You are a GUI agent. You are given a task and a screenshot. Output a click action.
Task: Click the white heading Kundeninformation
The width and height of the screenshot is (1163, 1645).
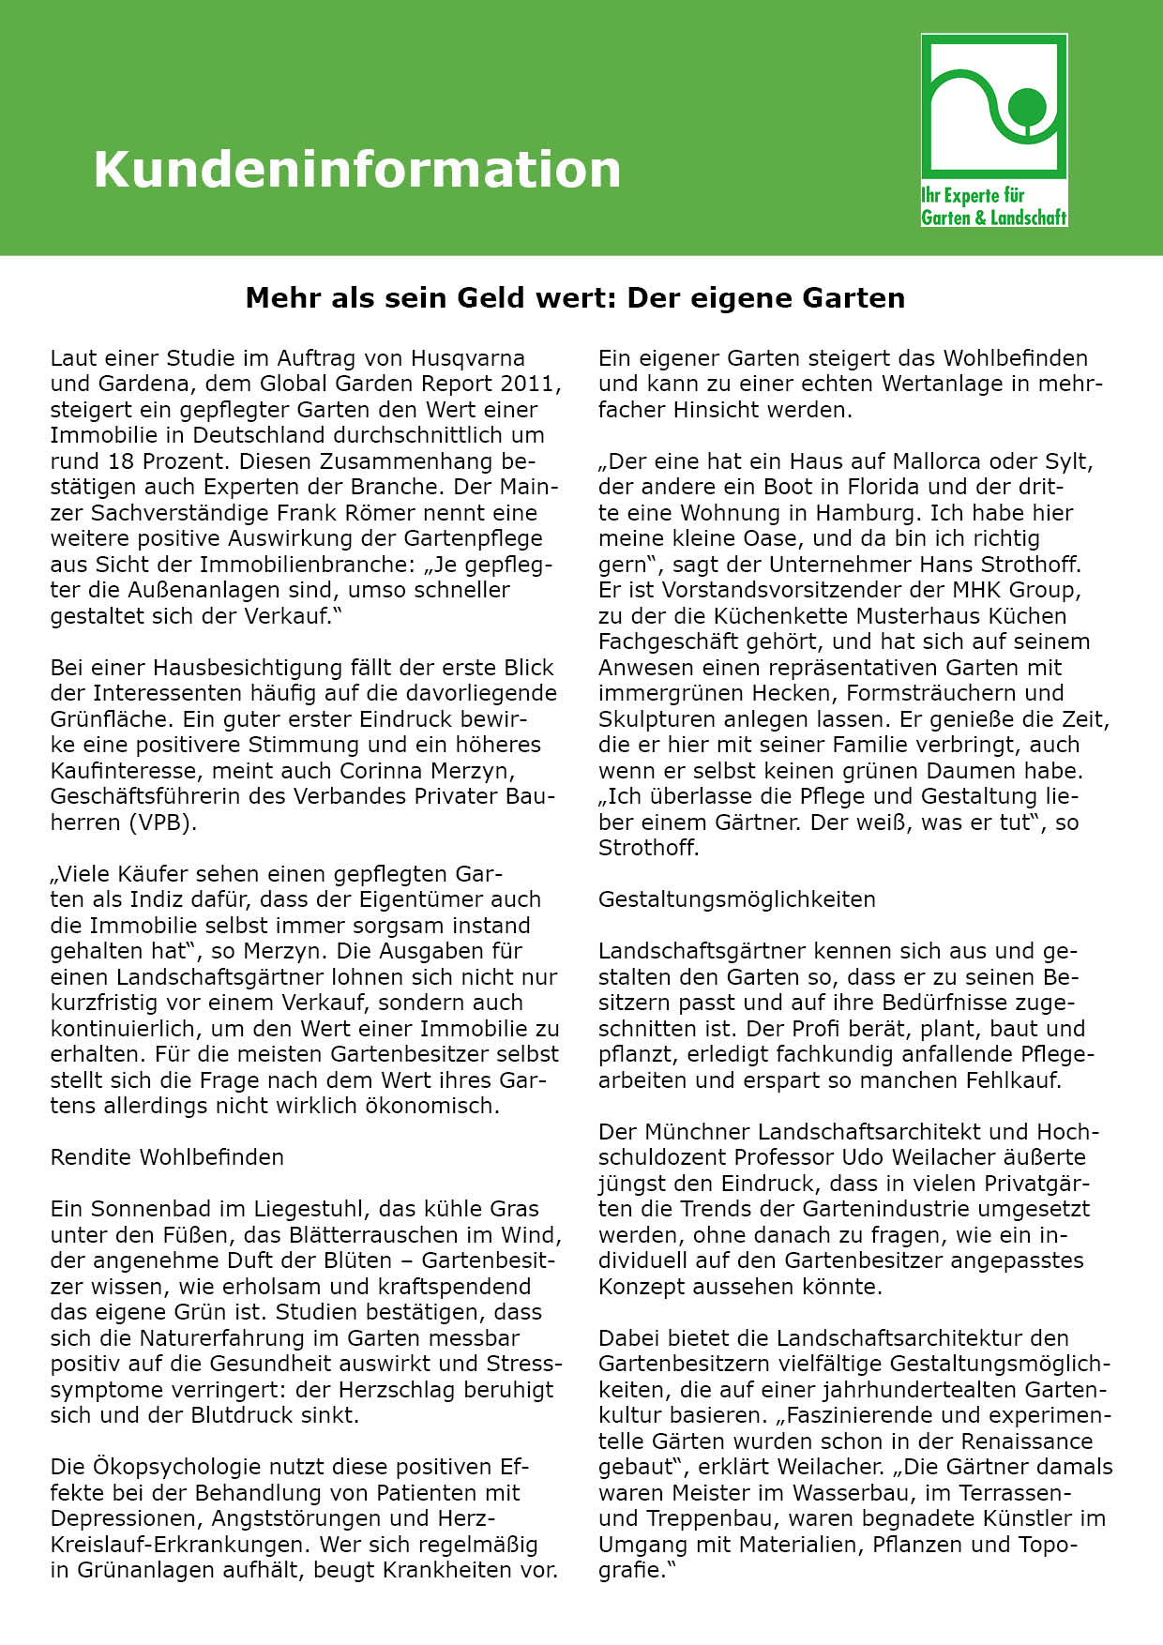click(x=356, y=170)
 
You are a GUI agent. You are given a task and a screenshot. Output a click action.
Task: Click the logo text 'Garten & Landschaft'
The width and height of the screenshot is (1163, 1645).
click(x=993, y=218)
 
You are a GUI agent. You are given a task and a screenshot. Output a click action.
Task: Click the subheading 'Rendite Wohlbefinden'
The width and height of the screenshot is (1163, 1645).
click(x=167, y=1157)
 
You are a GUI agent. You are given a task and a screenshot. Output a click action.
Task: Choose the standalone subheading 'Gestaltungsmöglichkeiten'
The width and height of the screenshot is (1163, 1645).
click(x=736, y=899)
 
